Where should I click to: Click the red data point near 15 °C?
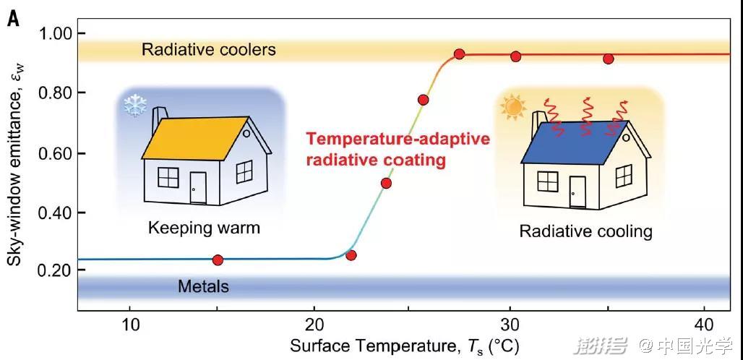[218, 260]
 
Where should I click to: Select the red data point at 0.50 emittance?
[386, 184]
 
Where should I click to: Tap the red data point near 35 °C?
[609, 59]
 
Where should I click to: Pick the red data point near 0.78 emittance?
[423, 100]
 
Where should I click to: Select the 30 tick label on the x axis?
[509, 326]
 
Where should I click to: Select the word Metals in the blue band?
[203, 286]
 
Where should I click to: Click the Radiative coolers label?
[208, 49]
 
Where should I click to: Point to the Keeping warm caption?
[205, 228]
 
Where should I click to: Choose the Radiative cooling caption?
[585, 231]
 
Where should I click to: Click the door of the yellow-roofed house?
[198, 187]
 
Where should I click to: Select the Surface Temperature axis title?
[404, 347]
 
